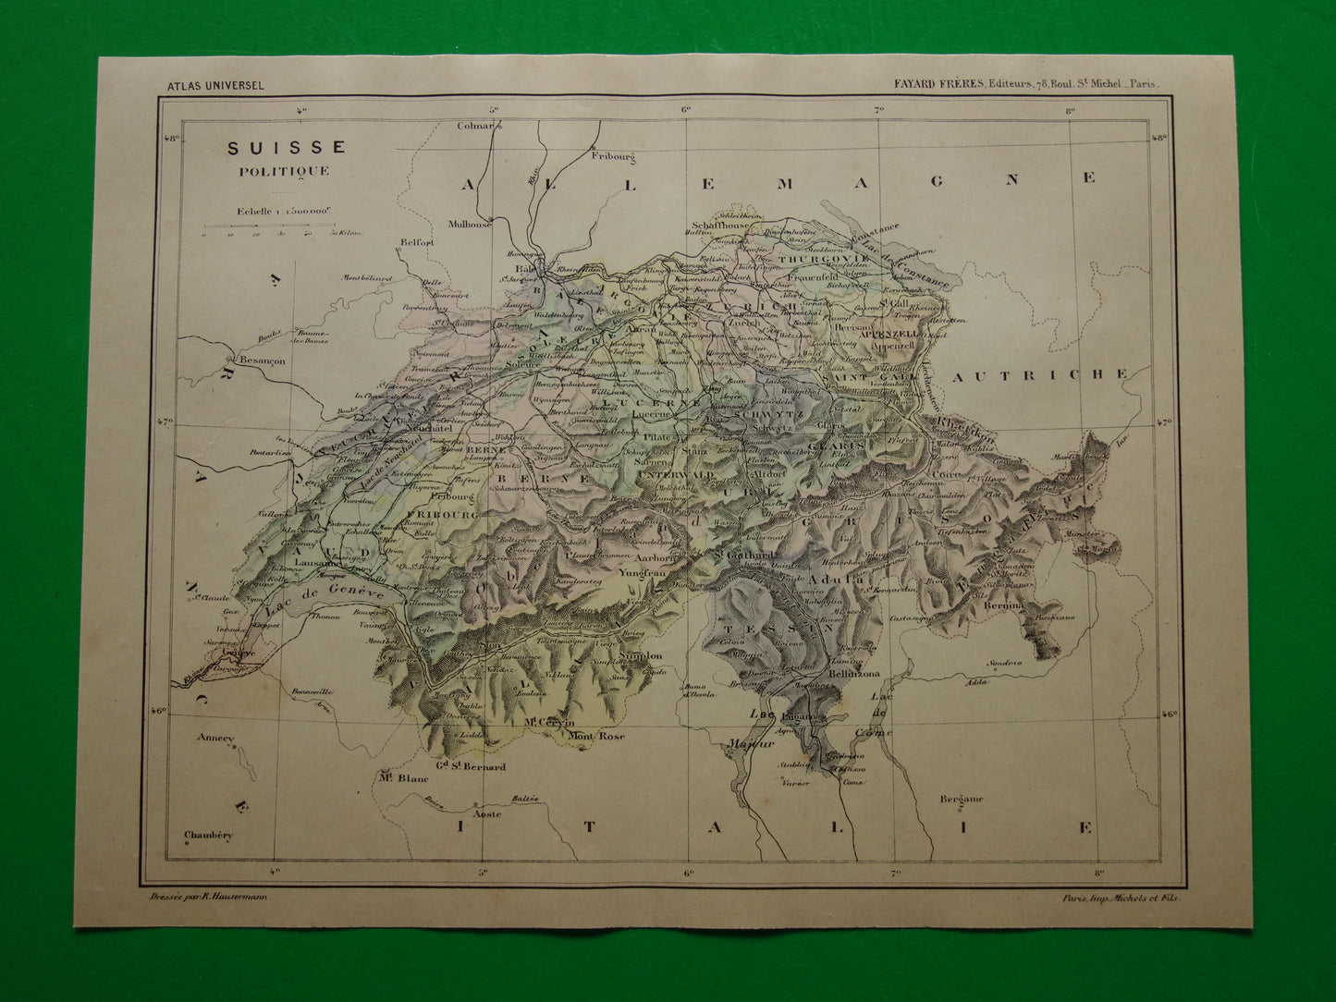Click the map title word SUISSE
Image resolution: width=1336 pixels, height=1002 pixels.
275,147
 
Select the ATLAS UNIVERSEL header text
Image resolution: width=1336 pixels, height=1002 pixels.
216,86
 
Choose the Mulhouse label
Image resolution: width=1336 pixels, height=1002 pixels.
469,224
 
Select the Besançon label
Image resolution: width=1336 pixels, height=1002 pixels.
264,361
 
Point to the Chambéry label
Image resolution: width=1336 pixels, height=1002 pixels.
209,835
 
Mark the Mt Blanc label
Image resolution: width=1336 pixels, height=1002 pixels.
403,778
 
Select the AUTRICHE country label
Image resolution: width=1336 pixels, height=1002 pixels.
1039,375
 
